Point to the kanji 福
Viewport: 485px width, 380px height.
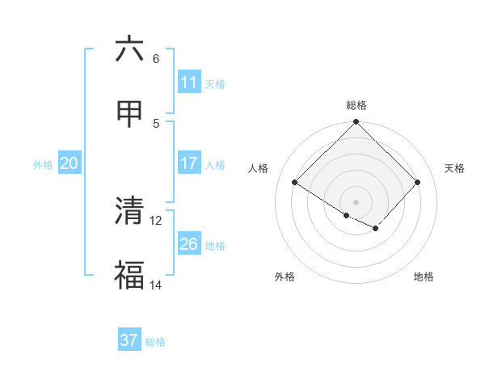coord(129,276)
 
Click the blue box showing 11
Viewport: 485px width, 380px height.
coord(189,82)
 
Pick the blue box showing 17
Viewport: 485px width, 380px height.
coord(189,163)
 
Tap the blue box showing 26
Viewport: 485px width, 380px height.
coord(189,243)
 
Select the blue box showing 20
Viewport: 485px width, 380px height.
coord(70,163)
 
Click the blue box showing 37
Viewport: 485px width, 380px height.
coord(129,340)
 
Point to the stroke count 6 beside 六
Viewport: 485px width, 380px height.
coord(156,58)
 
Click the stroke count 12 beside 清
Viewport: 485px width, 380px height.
coord(156,220)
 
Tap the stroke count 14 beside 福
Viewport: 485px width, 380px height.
coord(156,285)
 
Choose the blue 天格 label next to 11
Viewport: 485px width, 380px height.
coord(215,83)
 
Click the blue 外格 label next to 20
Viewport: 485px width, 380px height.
coord(43,164)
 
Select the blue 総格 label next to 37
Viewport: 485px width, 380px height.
coord(155,342)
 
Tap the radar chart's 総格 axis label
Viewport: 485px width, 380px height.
coord(356,105)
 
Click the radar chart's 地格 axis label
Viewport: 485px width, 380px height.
coord(424,277)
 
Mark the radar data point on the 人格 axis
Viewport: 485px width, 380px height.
coord(295,183)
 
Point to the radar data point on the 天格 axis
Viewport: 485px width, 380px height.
coord(417,183)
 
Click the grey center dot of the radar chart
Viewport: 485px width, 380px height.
coord(356,201)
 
